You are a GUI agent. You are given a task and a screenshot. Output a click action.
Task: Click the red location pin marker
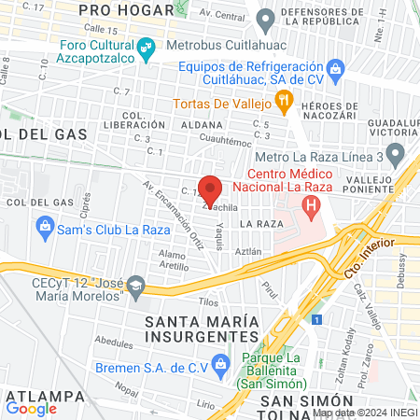click(210, 190)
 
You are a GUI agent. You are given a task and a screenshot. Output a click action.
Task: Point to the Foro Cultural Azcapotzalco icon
click(146, 47)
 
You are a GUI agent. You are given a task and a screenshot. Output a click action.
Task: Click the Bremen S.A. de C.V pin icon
click(220, 362)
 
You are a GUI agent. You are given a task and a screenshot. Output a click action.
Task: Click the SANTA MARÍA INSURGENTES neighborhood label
click(201, 329)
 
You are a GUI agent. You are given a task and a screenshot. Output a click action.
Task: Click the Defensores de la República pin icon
click(266, 18)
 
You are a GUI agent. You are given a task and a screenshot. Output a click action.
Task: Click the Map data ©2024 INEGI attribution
click(364, 413)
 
